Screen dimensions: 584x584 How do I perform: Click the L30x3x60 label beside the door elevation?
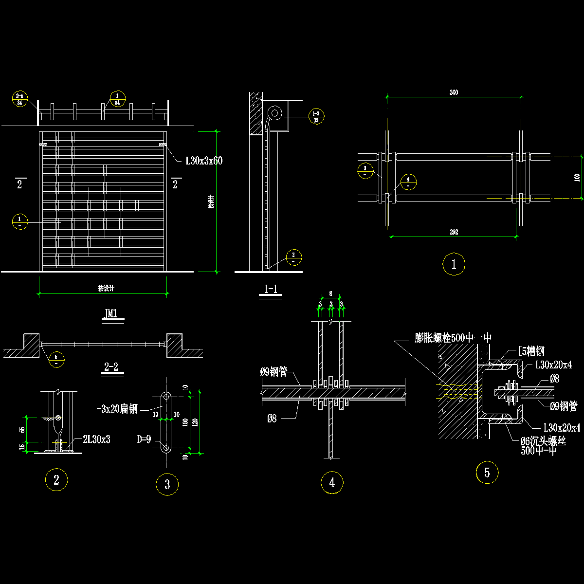(x=204, y=161)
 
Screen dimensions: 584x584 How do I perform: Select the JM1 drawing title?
(x=112, y=314)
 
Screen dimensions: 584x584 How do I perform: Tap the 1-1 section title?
(x=271, y=290)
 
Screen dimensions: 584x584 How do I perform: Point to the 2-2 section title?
(x=112, y=367)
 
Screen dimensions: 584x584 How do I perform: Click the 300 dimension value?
(x=454, y=92)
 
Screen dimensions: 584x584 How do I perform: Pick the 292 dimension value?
(x=454, y=232)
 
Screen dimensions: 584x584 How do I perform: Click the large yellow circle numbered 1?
(x=454, y=265)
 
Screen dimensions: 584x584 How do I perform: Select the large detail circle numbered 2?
(x=56, y=480)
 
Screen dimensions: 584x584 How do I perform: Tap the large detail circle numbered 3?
(x=167, y=485)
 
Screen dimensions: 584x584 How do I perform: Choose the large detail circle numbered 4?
(x=332, y=483)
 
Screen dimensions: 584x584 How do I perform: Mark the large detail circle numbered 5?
(x=487, y=473)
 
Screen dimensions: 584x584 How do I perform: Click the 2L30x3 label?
(x=96, y=439)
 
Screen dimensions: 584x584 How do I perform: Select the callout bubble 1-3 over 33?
(x=316, y=116)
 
